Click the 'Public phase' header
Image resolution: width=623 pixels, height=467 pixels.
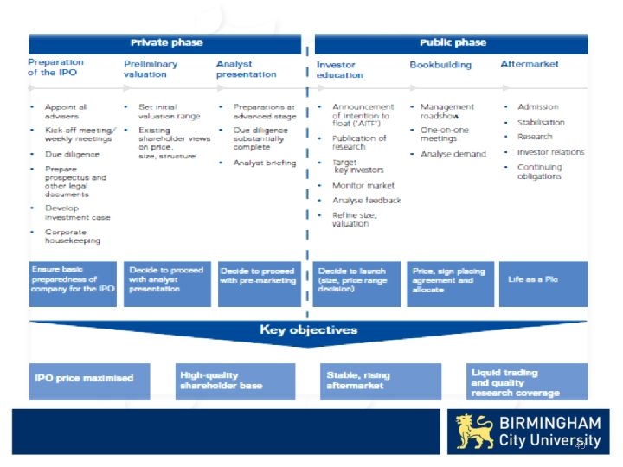pos(453,42)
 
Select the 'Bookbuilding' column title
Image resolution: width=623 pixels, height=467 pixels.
pos(440,65)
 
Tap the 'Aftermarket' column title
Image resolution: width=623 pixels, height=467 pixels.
pos(530,64)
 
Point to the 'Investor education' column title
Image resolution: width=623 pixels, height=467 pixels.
pos(340,70)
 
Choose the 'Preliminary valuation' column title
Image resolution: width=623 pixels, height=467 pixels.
pos(151,69)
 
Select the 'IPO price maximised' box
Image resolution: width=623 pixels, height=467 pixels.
pos(89,380)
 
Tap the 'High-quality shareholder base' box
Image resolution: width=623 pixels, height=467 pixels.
pos(234,381)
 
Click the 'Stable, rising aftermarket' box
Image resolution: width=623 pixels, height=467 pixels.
pos(380,381)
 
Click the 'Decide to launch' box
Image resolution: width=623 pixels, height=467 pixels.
pos(356,284)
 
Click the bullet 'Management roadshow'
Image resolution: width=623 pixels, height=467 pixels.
pos(447,112)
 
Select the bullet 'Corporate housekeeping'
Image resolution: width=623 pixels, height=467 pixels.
pos(73,237)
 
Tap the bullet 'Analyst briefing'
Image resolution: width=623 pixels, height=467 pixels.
pos(264,163)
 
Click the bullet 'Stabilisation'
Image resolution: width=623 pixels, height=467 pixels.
pos(541,122)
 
